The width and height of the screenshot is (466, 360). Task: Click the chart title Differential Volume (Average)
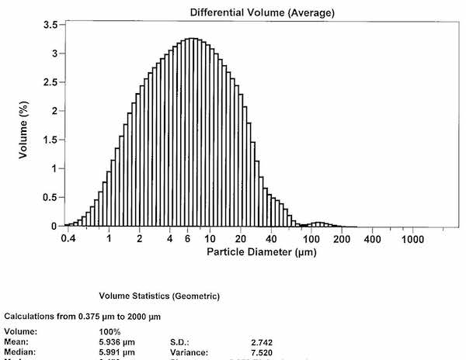[x=256, y=12]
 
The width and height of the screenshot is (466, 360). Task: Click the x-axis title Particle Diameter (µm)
[x=256, y=253]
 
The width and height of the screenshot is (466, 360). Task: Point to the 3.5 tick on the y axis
[x=48, y=25]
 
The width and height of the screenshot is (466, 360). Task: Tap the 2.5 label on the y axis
[x=48, y=82]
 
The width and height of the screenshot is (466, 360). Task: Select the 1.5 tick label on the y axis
[x=48, y=140]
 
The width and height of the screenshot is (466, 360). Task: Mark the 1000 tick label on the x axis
[x=414, y=239]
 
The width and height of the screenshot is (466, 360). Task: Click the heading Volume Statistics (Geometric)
[x=159, y=296]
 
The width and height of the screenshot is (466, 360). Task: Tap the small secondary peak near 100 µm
[x=318, y=224]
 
